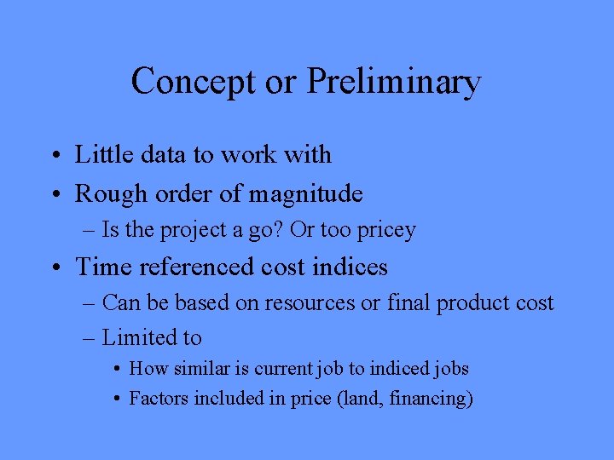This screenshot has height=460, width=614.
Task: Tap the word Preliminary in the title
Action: (393, 82)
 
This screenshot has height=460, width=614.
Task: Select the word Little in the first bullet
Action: (102, 154)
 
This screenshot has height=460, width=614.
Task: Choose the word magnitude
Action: (305, 194)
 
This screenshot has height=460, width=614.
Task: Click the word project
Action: (193, 230)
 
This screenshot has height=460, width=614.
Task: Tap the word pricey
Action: (388, 230)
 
